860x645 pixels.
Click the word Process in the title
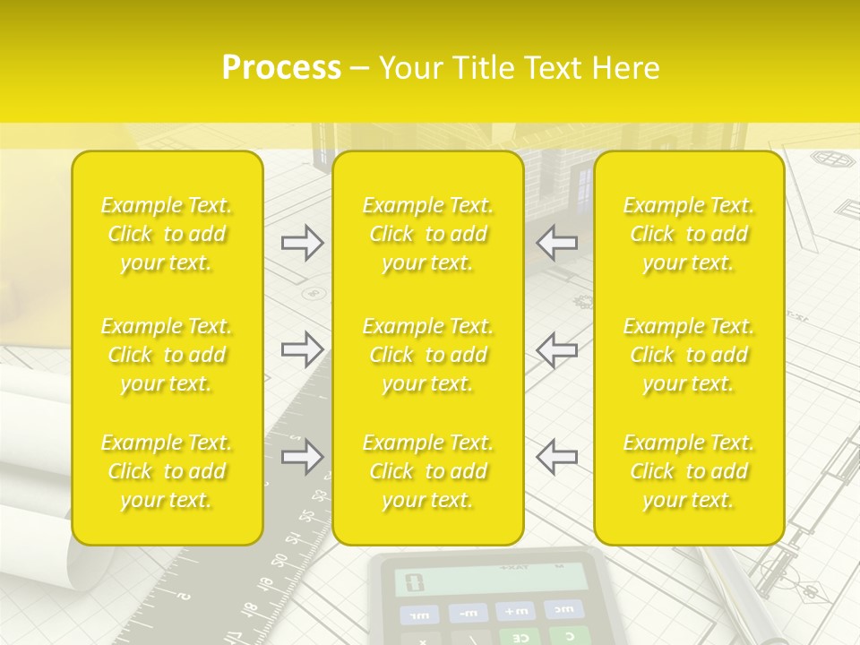coord(281,68)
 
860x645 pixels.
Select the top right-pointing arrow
coord(302,243)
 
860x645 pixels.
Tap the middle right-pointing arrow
coord(302,349)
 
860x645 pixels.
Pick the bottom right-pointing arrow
coord(302,457)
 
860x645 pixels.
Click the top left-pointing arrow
coord(557,243)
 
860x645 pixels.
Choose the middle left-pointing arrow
coord(557,349)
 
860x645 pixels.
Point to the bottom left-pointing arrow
coord(557,457)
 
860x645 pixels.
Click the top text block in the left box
coord(167,234)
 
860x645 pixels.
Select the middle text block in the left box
coord(167,355)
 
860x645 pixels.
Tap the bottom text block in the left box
coord(167,471)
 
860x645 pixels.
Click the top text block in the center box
coord(428,234)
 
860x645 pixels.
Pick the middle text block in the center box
coord(428,355)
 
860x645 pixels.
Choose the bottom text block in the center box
coord(428,471)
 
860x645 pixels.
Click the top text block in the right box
coord(689,234)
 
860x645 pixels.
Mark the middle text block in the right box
coord(689,355)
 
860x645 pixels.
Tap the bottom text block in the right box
coord(689,471)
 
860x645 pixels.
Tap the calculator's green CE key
coord(519,637)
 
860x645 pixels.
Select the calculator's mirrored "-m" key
coord(469,613)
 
